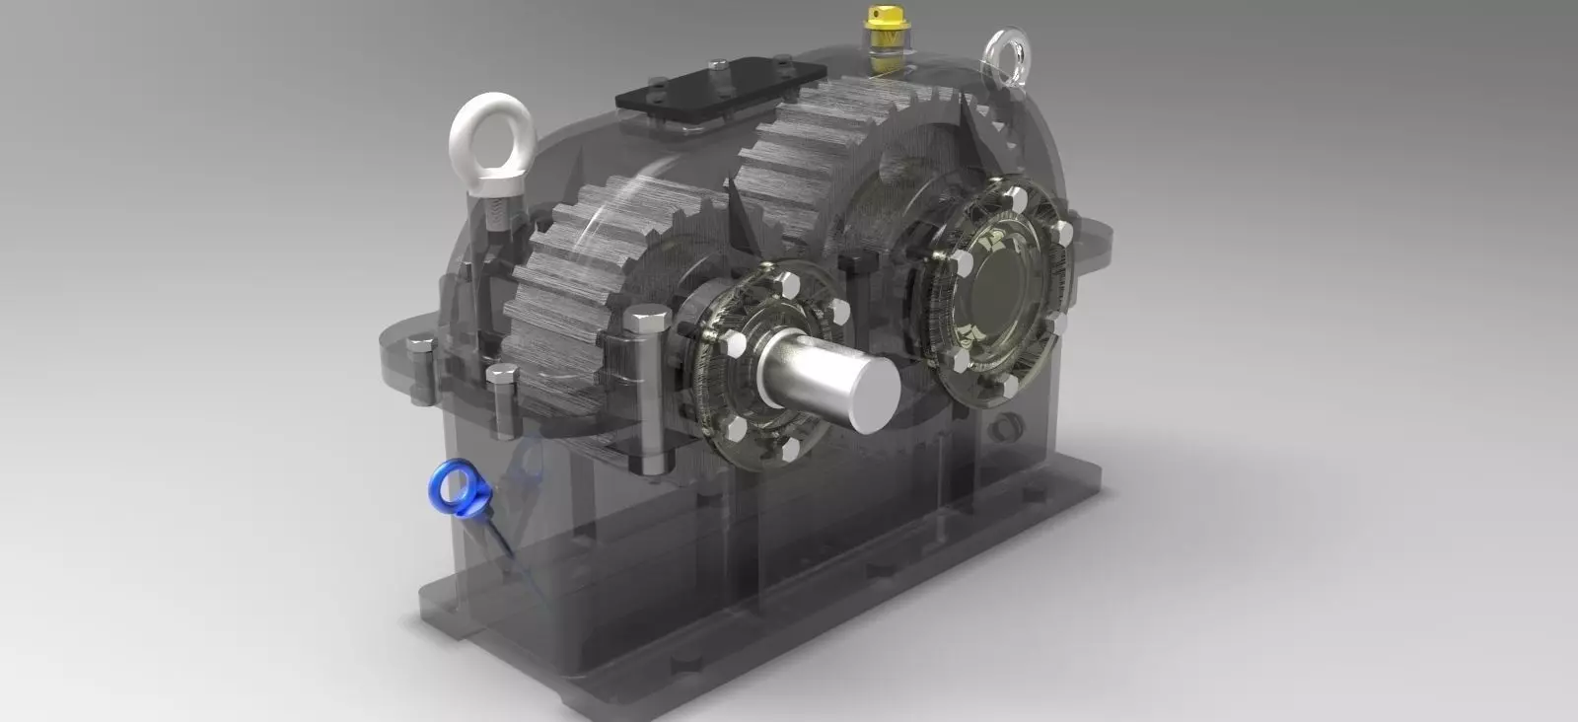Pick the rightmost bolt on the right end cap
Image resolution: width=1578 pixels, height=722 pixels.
(x=1063, y=231)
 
